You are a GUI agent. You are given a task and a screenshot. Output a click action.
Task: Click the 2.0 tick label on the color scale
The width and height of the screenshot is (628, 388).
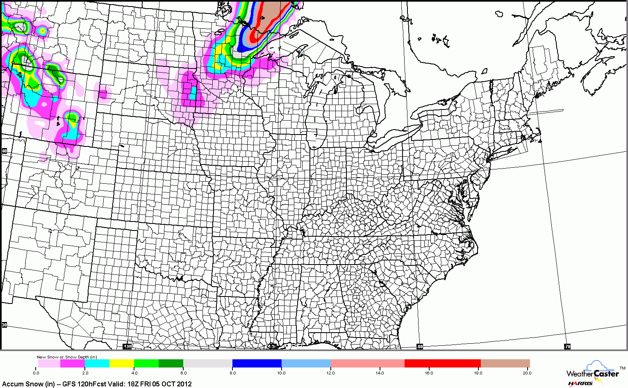pos(85,373)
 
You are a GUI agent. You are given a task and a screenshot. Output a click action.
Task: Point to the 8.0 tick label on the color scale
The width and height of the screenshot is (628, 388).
pos(232,373)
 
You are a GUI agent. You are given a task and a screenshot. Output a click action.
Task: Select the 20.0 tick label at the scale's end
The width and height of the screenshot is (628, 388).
pos(527,373)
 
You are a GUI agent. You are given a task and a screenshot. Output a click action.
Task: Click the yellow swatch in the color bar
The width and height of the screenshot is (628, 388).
pos(122,363)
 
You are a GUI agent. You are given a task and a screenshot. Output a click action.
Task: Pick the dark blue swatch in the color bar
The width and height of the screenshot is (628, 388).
pos(257,363)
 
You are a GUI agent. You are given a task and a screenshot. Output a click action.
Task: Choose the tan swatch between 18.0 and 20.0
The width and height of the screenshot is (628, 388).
pos(505,363)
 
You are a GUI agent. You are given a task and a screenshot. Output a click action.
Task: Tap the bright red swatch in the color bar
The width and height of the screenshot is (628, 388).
pos(442,363)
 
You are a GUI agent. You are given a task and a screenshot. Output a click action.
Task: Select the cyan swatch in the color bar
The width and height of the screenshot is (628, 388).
pos(97,363)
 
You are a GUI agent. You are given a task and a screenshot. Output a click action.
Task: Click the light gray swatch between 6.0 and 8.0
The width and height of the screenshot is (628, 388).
pos(208,363)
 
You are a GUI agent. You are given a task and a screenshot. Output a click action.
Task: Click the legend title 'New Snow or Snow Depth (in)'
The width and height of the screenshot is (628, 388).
pos(67,357)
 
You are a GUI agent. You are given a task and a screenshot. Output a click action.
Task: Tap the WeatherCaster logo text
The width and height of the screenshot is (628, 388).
pos(592,374)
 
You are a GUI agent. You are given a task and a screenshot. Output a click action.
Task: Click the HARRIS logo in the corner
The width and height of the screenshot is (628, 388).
pos(580,383)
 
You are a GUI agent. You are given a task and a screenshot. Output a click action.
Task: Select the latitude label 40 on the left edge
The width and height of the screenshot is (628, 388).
pos(5,151)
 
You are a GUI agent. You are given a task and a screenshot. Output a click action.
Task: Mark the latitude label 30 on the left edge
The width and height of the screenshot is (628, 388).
pos(5,325)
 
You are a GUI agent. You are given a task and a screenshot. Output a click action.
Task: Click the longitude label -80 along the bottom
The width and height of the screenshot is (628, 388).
pos(420,347)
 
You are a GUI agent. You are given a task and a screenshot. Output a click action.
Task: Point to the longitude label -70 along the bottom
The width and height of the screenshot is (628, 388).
pos(567,347)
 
